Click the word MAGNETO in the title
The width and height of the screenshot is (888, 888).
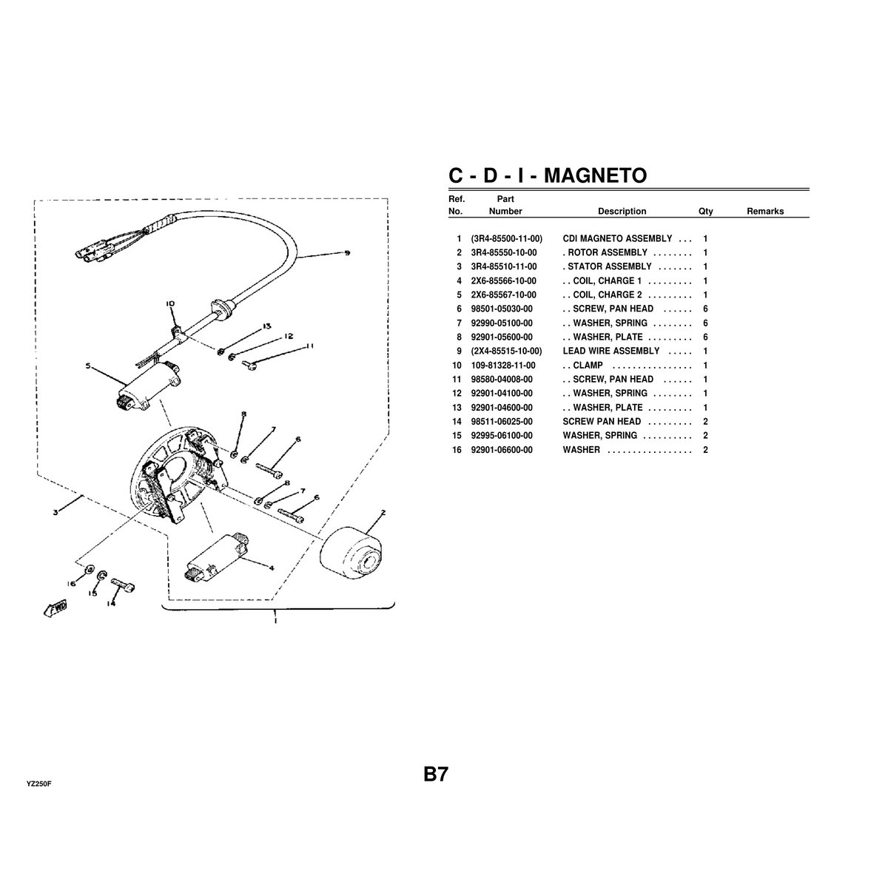tap(591, 175)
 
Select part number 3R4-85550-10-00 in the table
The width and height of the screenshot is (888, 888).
tap(503, 253)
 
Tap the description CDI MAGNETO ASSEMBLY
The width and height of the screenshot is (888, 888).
tap(617, 239)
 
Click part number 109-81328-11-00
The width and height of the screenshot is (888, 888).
tap(503, 366)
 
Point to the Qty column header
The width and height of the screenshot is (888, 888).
tap(705, 212)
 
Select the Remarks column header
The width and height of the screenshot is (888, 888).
tap(764, 212)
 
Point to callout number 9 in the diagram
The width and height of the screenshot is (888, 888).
tap(347, 255)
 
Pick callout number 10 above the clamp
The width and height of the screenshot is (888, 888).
tap(169, 304)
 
